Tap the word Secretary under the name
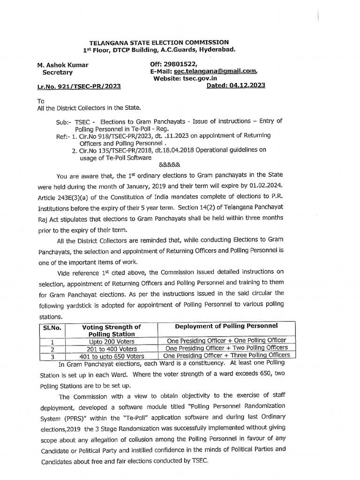pyautogui.click(x=58, y=73)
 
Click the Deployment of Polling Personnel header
pyautogui.click(x=226, y=326)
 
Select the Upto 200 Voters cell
pyautogui.click(x=111, y=341)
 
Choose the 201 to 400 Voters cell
pyautogui.click(x=112, y=348)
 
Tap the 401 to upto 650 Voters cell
pyautogui.click(x=112, y=356)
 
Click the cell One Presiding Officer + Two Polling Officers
pyautogui.click(x=226, y=348)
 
